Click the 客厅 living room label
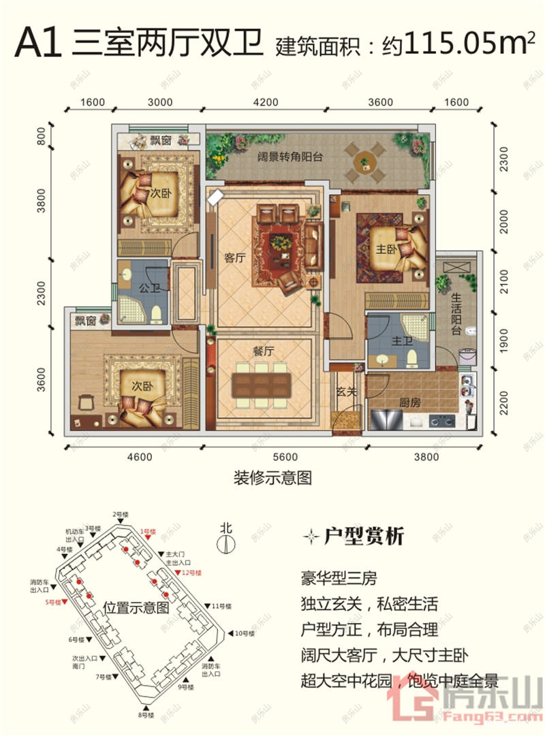tap(234, 258)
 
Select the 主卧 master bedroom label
tap(386, 249)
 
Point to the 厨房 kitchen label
tap(410, 402)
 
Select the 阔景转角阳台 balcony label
tap(280, 156)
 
